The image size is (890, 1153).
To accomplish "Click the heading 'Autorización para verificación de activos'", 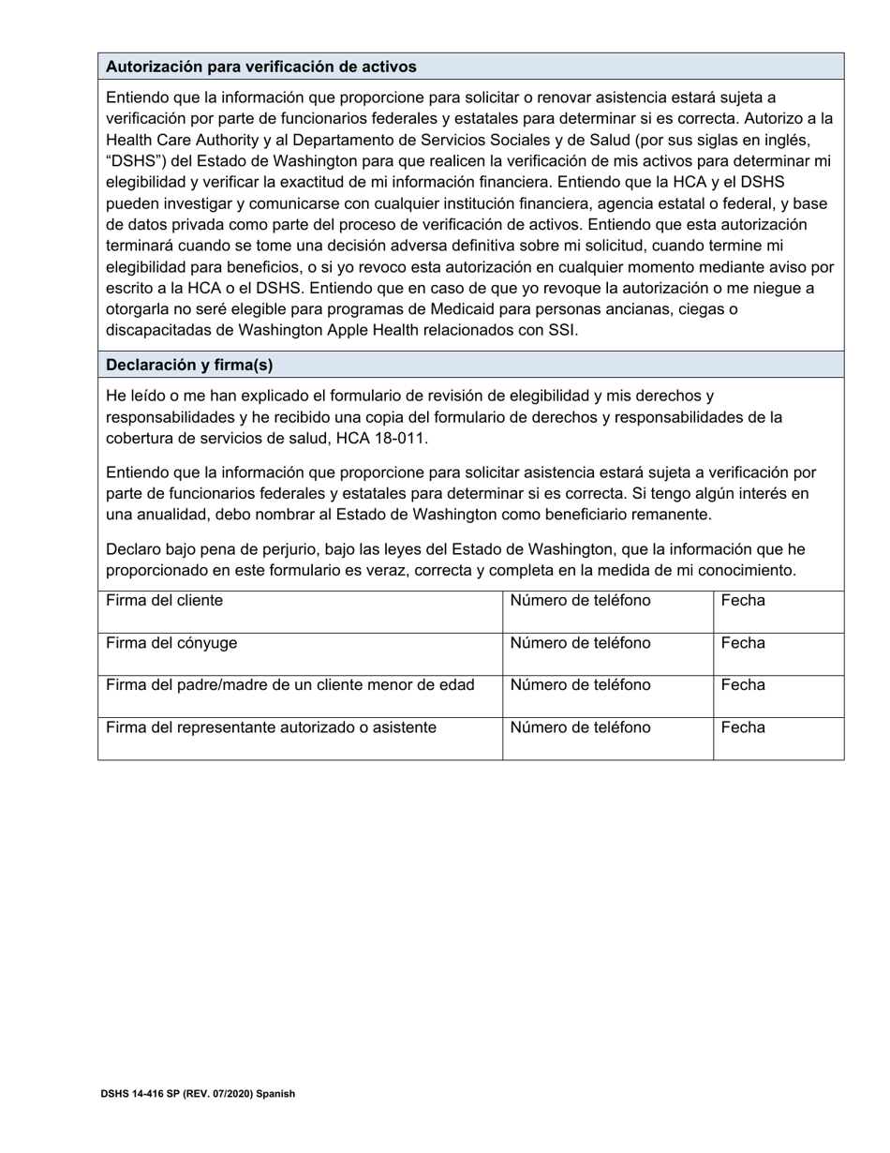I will click(261, 67).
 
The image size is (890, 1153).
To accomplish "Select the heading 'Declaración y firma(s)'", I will click(189, 365).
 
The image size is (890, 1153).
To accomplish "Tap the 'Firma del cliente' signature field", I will click(300, 612).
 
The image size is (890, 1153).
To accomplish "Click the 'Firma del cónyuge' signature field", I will click(300, 654).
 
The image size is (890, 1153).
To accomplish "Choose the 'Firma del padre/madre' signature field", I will click(300, 696).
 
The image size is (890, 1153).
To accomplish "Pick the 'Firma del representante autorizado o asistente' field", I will click(300, 739).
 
